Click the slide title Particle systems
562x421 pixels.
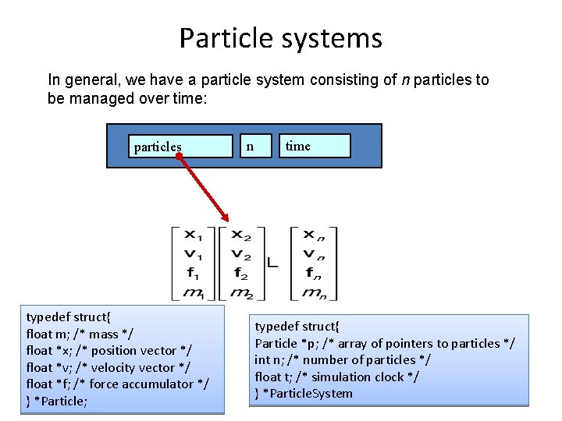coord(280,38)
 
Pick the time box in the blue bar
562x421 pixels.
coord(315,145)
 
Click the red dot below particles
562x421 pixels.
coord(179,157)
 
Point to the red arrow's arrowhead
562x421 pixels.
coord(226,218)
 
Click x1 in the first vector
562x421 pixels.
coord(191,235)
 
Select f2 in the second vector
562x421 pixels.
coord(240,273)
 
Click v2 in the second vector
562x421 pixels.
coord(240,253)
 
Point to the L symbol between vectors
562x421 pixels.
coord(272,264)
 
